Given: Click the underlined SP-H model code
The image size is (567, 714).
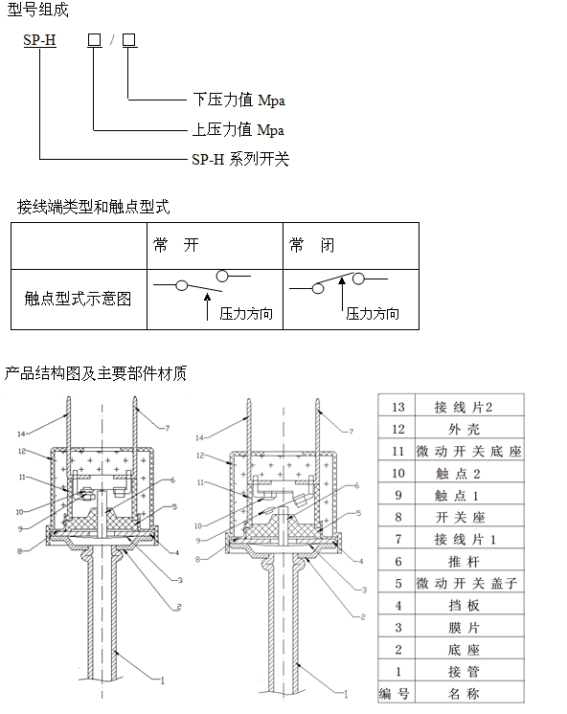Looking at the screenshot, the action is [x=39, y=40].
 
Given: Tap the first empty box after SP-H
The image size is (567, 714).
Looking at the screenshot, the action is [x=94, y=40].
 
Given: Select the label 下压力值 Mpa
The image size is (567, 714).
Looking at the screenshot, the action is [x=238, y=100].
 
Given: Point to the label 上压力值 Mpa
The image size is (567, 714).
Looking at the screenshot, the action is [x=238, y=130].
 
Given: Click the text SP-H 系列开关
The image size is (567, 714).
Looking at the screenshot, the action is [x=240, y=160].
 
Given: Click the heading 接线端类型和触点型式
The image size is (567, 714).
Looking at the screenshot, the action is [x=94, y=207].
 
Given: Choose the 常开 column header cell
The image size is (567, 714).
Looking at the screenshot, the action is [x=215, y=246].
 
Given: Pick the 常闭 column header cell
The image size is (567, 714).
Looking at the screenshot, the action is [x=351, y=246].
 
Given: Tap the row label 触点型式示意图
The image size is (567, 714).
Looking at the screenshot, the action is [x=78, y=300].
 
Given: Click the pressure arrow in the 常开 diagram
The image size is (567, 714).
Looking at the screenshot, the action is [x=208, y=306].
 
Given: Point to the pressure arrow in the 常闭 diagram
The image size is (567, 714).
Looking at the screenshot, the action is [x=342, y=294].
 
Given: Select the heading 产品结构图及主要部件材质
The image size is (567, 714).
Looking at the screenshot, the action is [x=96, y=373].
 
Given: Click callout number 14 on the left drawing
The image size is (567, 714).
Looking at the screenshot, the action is [x=21, y=434].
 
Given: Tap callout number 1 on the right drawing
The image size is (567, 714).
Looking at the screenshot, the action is [x=346, y=695].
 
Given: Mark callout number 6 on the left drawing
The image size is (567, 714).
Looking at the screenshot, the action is [x=172, y=480].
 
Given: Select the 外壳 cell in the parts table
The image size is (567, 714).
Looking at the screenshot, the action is [x=469, y=429].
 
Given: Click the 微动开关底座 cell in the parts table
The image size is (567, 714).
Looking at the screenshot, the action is [x=469, y=451].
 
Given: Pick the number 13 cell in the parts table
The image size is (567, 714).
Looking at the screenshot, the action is [x=397, y=406].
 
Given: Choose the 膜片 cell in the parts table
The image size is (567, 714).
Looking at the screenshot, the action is [x=469, y=628].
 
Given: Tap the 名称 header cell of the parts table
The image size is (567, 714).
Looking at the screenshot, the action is [x=469, y=694].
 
